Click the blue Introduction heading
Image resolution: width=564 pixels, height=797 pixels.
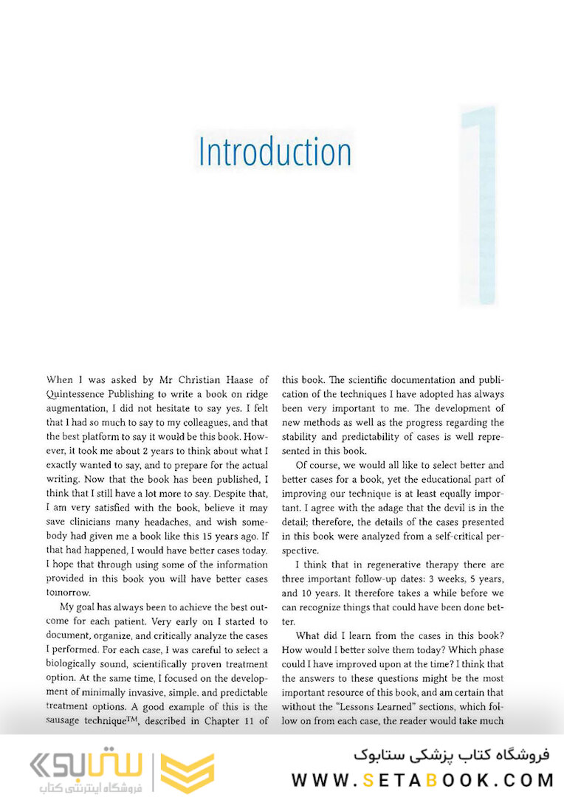275,151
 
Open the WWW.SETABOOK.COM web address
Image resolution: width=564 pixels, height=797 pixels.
422,779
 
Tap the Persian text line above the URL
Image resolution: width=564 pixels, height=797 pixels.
451,756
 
